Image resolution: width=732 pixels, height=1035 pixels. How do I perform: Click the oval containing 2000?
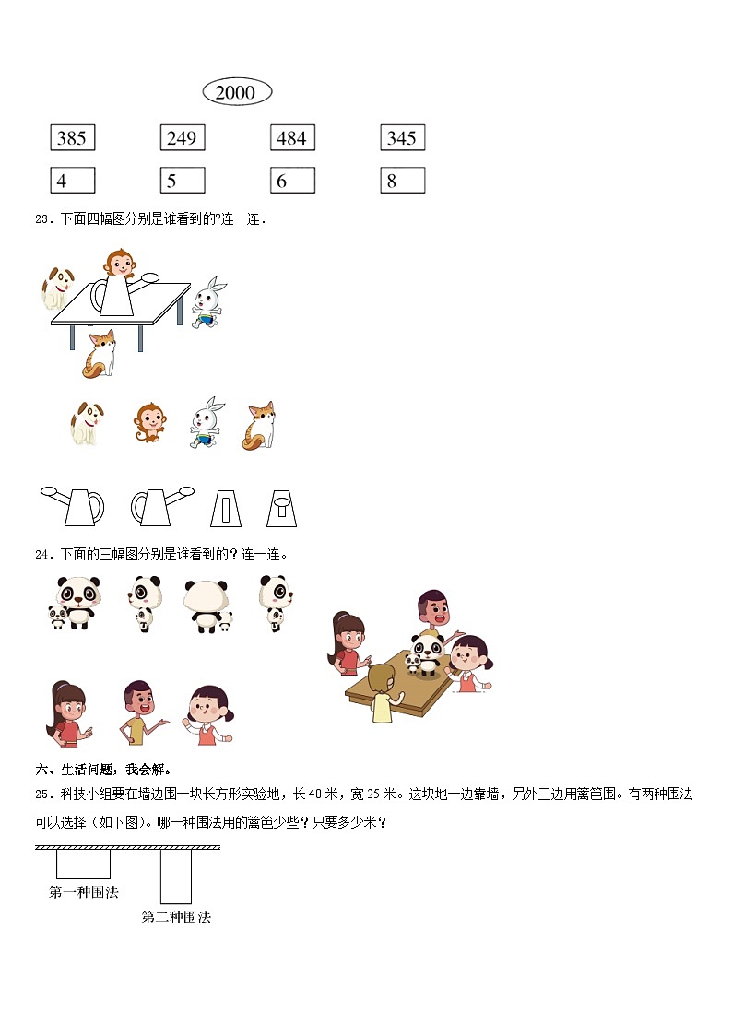(237, 92)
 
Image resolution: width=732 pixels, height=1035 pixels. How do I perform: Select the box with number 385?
(73, 137)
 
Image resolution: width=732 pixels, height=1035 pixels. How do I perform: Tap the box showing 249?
(183, 137)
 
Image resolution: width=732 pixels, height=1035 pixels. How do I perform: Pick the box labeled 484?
(292, 137)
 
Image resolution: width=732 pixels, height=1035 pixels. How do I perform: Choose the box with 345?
(403, 137)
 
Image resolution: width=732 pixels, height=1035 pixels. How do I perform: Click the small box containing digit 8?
(403, 181)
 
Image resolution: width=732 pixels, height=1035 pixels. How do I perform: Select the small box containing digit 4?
(73, 181)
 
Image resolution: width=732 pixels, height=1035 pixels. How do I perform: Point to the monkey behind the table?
(120, 263)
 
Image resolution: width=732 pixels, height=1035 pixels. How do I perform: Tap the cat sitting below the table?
(100, 355)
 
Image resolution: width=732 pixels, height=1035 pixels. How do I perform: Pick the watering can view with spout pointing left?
(73, 506)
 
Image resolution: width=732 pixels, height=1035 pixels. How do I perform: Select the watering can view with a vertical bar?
(226, 508)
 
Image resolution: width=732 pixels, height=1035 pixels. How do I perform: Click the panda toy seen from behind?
(207, 606)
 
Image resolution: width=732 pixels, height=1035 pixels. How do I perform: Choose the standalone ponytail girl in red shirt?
(67, 713)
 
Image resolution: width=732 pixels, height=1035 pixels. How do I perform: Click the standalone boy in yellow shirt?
(141, 712)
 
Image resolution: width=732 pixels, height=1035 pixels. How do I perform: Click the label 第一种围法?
(84, 892)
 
